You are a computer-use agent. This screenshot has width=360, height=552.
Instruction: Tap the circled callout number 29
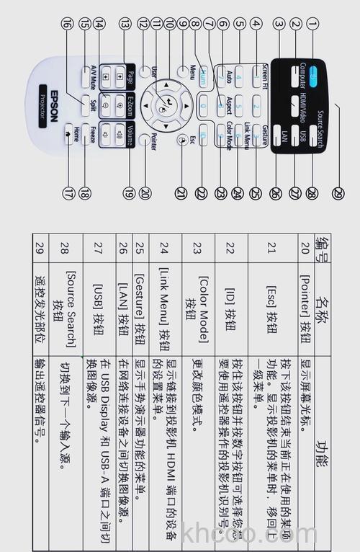(339, 192)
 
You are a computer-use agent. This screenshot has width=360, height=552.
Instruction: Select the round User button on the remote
(146, 72)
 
